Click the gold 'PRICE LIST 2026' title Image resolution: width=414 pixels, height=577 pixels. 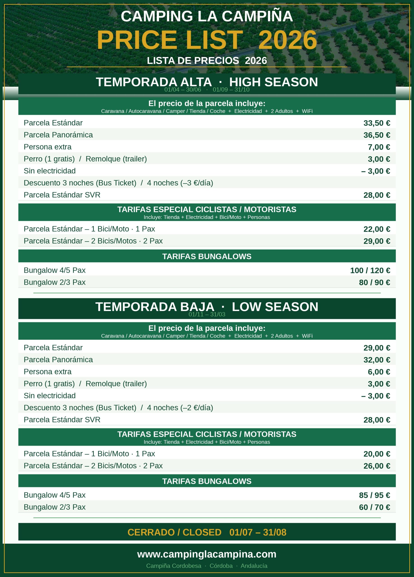(207, 40)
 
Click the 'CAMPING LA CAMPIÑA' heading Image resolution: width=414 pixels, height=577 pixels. (207, 16)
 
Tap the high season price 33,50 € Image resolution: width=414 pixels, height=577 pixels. (377, 123)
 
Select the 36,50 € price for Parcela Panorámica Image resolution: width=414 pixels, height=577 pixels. (377, 135)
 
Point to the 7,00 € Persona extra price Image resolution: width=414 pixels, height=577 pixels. (379, 147)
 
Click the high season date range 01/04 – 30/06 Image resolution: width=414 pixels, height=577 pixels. (183, 90)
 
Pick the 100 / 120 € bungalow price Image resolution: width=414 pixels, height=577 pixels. (370, 270)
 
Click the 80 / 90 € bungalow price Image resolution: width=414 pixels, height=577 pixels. (374, 282)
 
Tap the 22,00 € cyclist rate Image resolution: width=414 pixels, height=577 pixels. (377, 229)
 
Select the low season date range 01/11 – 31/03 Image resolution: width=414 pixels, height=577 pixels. (207, 314)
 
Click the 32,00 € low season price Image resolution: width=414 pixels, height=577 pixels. (377, 360)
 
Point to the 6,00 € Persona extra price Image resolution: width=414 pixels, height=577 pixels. (379, 372)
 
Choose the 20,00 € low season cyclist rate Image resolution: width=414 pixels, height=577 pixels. (377, 454)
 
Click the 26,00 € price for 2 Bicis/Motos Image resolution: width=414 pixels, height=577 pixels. (377, 466)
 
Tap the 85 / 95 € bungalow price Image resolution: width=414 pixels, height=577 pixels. (374, 495)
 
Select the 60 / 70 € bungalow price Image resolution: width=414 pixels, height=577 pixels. (374, 507)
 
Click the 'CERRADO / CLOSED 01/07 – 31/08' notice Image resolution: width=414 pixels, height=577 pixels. (207, 532)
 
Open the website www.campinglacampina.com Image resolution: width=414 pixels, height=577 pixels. (207, 554)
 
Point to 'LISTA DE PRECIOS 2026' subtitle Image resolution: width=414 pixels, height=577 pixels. (207, 61)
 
